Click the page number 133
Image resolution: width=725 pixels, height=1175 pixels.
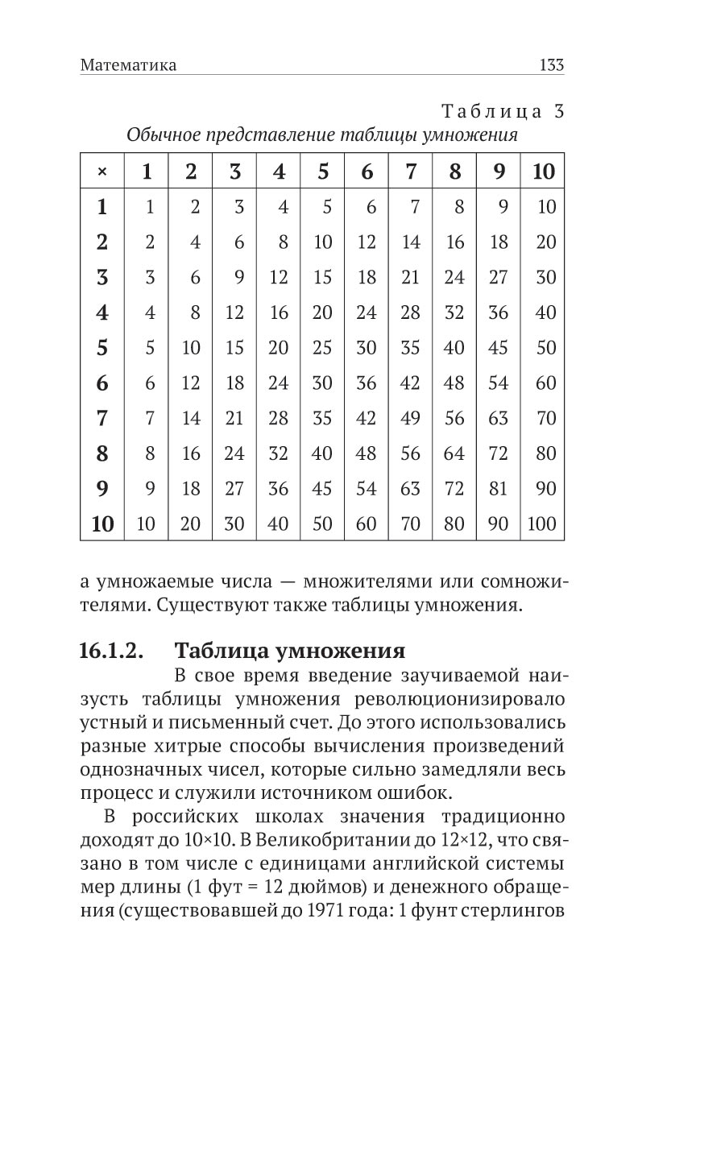click(x=552, y=65)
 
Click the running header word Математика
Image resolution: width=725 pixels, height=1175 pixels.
click(x=128, y=65)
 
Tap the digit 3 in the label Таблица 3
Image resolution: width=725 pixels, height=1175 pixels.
click(x=558, y=111)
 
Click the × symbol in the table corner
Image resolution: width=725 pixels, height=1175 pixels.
click(x=101, y=172)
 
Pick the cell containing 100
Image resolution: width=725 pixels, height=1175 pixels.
click(x=541, y=523)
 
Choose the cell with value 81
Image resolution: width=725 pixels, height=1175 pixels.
click(x=499, y=488)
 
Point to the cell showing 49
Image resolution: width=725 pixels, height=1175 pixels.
click(x=411, y=418)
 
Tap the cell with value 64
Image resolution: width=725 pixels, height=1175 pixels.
click(x=454, y=453)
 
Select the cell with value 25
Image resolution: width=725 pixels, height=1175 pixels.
click(x=322, y=347)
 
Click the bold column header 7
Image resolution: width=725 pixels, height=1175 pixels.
click(x=411, y=172)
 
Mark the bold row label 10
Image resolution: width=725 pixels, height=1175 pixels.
click(x=102, y=523)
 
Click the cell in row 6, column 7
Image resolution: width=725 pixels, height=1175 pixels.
click(x=411, y=383)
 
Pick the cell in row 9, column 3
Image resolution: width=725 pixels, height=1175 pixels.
click(x=234, y=488)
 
